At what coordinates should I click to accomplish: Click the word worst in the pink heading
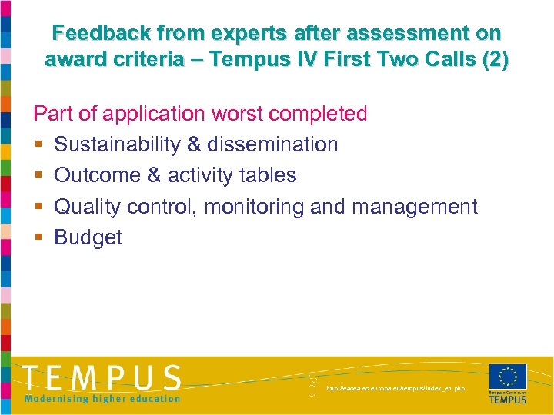pos(244,114)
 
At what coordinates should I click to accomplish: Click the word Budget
pos(88,237)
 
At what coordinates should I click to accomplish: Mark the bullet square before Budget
pos(38,238)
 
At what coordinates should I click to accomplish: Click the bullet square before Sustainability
pos(38,145)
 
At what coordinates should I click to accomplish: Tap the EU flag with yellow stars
pos(508,377)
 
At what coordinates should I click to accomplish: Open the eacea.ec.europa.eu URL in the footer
pos(395,389)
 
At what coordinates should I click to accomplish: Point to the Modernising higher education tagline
pos(102,398)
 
